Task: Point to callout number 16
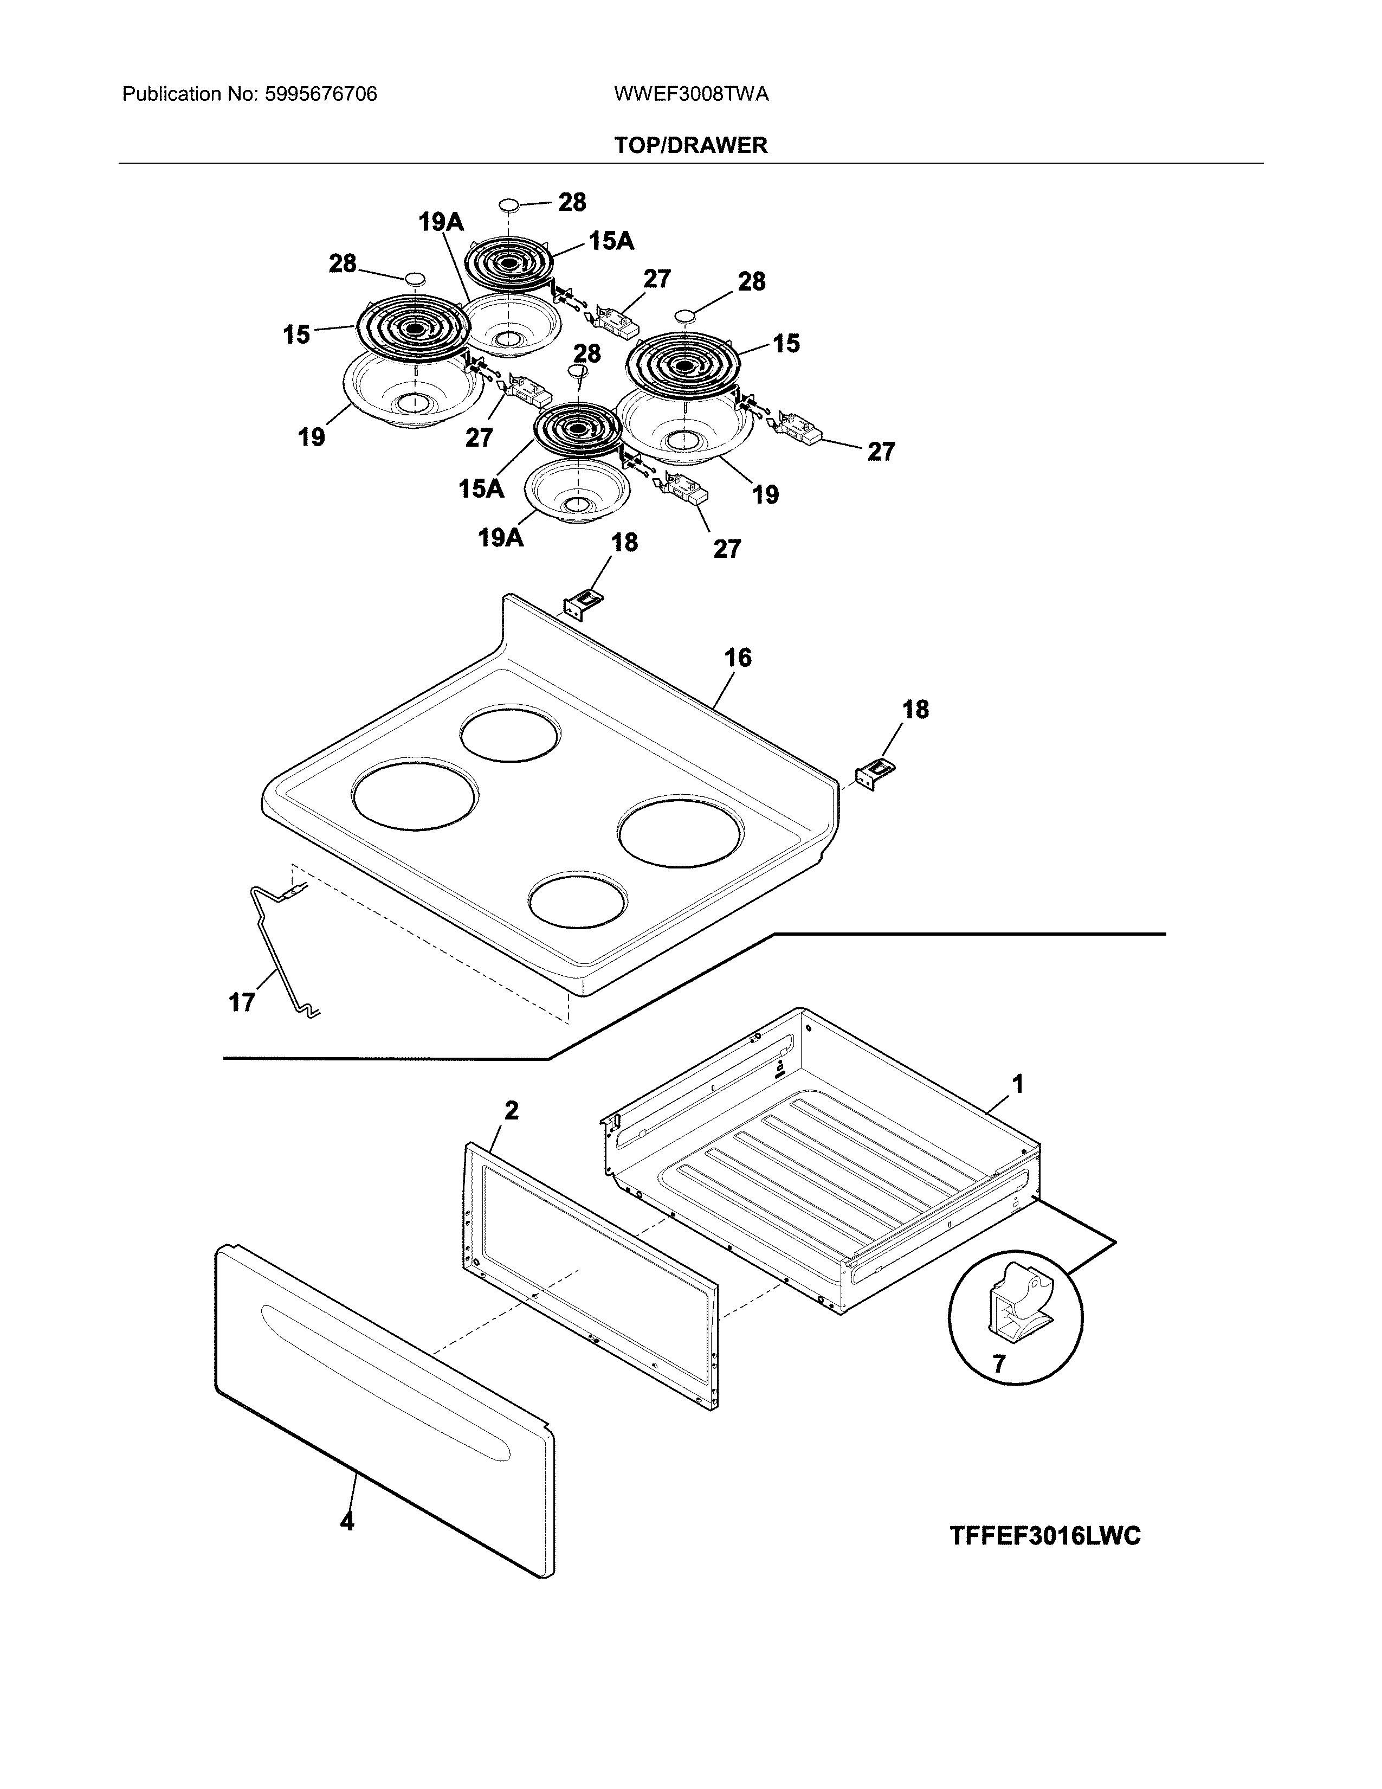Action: tap(738, 657)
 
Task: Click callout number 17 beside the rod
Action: tap(242, 1002)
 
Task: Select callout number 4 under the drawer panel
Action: tap(347, 1521)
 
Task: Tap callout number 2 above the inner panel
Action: tap(511, 1111)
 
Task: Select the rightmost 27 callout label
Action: tap(881, 452)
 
